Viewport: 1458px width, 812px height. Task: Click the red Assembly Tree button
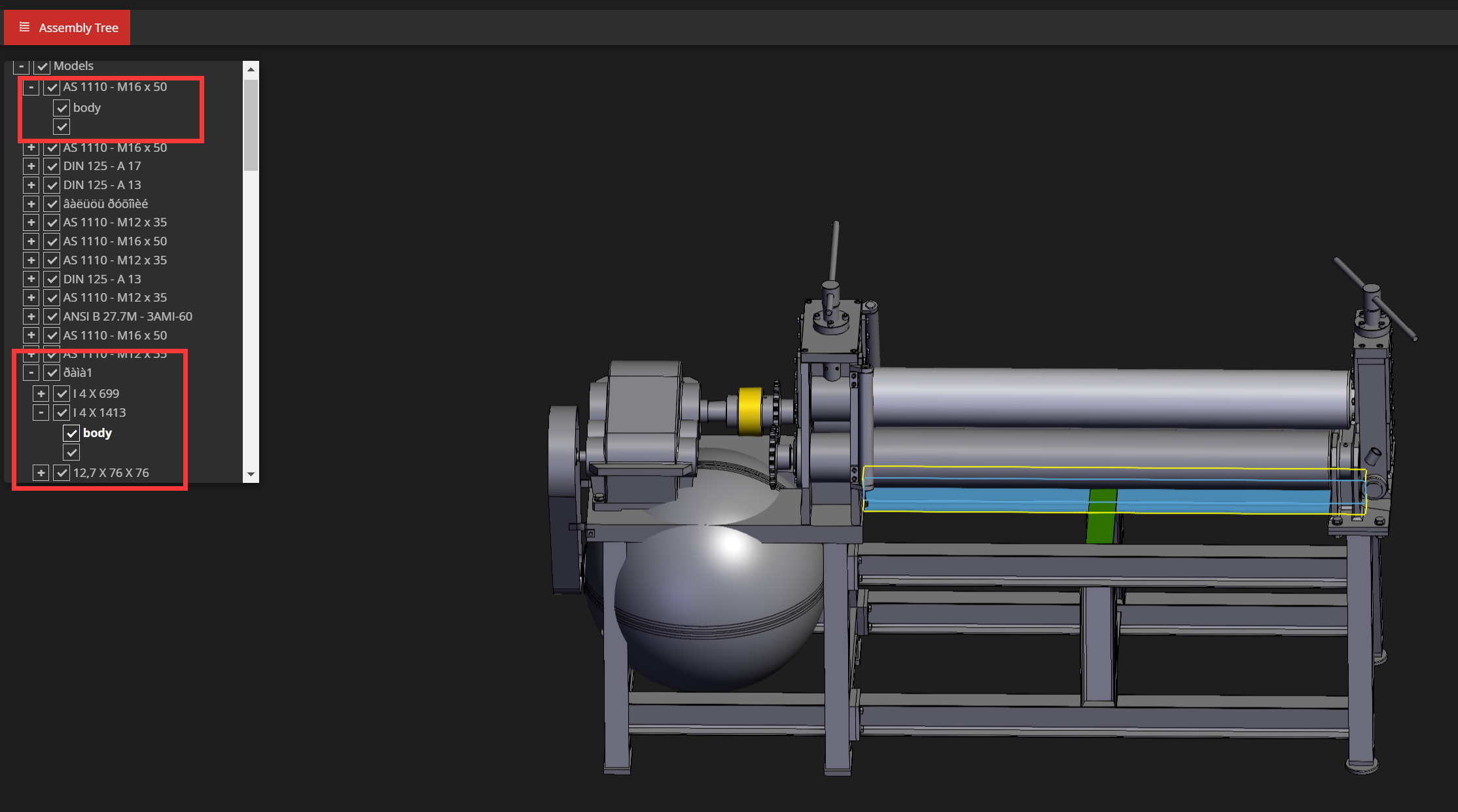point(67,27)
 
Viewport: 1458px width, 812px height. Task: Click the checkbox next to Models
point(42,67)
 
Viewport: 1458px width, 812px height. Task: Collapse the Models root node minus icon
point(22,67)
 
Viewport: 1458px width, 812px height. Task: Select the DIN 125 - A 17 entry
point(101,166)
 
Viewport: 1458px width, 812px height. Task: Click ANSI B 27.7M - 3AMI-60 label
point(128,317)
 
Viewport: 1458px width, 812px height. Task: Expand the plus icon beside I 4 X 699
point(41,394)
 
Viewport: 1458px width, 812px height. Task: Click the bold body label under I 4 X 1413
point(97,433)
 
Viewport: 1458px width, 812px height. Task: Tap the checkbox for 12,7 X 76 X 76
point(62,473)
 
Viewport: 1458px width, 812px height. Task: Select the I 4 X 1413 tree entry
point(99,413)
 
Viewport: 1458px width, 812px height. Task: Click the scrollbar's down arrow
point(251,474)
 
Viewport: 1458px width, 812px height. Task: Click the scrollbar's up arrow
point(251,69)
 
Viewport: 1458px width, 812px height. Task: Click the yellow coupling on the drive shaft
point(750,411)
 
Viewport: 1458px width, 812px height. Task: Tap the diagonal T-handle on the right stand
point(1374,298)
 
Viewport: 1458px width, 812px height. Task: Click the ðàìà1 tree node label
point(77,373)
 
